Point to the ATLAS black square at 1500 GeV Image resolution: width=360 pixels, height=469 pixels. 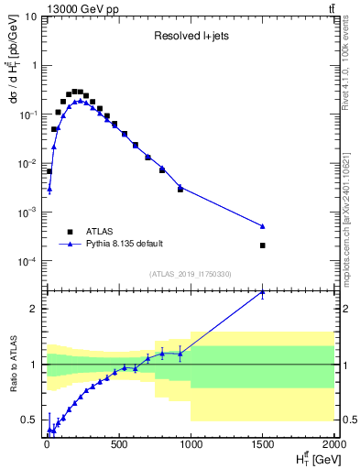(263, 245)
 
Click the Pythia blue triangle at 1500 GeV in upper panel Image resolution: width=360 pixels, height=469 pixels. (263, 225)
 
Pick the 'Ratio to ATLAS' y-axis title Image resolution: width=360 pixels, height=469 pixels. (13, 364)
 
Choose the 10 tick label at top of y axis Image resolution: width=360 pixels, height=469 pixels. (31, 16)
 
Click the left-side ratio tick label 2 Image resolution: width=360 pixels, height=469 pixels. (36, 309)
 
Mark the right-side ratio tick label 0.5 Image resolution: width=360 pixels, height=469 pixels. (347, 420)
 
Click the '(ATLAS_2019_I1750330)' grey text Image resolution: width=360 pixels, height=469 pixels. (191, 274)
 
